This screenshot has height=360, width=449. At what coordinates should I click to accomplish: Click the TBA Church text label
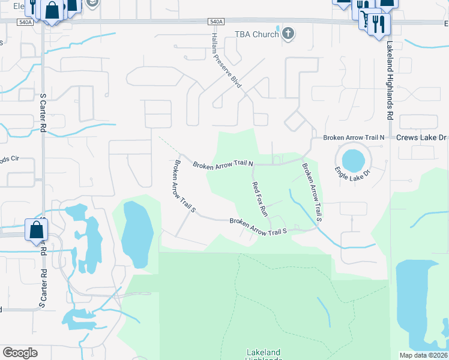tap(256, 34)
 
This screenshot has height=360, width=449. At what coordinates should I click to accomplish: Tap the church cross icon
tap(289, 34)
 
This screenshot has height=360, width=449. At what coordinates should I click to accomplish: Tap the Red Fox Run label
tap(259, 199)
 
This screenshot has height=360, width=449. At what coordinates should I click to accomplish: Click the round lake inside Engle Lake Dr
tap(353, 160)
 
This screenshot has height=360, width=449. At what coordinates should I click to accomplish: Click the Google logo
tap(20, 353)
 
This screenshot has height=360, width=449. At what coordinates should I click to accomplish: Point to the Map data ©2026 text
tap(424, 355)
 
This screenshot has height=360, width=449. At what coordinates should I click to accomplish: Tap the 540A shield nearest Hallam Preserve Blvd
tap(217, 22)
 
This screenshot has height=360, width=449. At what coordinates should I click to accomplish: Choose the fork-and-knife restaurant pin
tap(378, 25)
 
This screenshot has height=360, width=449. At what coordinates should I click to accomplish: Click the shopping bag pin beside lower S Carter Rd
tap(36, 230)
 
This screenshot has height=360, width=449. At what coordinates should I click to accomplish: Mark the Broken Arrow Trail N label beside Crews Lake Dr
tap(353, 137)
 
